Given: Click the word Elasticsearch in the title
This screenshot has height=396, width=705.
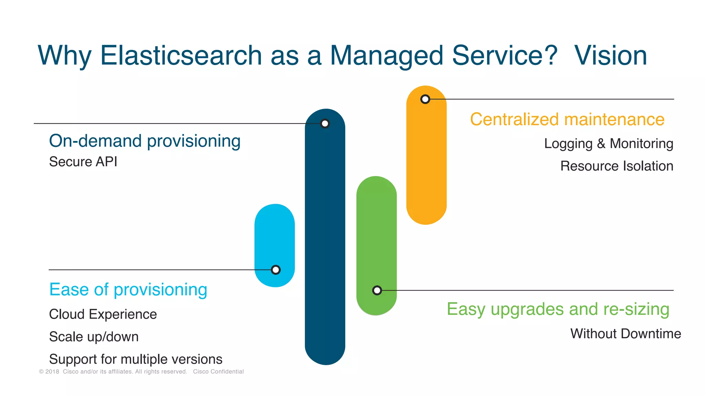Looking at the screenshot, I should pos(181,56).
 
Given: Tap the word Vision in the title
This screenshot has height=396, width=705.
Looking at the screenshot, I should pos(611,56).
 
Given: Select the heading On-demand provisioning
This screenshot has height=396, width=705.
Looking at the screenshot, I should pos(145,141).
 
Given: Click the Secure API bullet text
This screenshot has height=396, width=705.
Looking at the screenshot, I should pos(83,162).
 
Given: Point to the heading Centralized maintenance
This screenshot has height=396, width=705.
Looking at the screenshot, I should pos(567,120).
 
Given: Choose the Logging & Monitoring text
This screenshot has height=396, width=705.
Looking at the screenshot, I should pos(608,144).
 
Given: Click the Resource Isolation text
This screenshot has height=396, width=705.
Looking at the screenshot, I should pos(617,166).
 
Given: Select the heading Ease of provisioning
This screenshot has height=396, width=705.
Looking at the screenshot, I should pos(128,289).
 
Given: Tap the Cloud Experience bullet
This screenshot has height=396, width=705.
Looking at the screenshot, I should pos(103,314).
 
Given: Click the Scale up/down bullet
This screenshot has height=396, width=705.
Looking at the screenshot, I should pos(94,337).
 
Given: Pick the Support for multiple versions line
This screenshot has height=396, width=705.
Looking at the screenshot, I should pos(136,359).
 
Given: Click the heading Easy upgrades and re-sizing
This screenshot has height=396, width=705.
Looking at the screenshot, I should pos(558,309).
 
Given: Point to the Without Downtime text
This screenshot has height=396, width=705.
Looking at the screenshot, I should pos(625,334).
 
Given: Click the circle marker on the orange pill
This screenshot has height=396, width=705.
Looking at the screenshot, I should pos(425,99).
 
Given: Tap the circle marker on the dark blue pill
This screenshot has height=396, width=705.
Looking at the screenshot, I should pos(325,123).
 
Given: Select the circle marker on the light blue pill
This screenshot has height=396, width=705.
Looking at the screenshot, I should pos(275,270).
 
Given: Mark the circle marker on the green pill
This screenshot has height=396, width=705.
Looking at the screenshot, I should pos(377,290).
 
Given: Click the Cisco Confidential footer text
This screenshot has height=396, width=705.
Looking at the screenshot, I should pos(218,372).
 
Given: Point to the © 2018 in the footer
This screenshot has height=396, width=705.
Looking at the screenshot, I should pos(49,372).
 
